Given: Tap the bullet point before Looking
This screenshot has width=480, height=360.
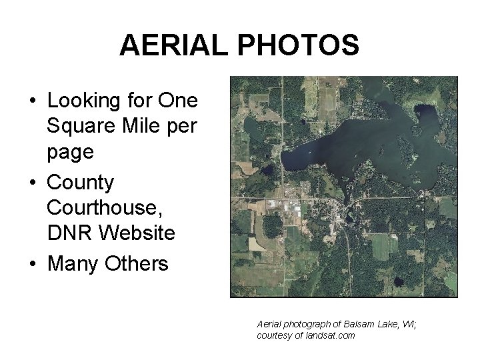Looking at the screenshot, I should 32,102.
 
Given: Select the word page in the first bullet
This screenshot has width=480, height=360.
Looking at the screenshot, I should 70,153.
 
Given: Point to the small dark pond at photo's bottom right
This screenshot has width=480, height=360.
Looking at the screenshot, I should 399,283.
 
